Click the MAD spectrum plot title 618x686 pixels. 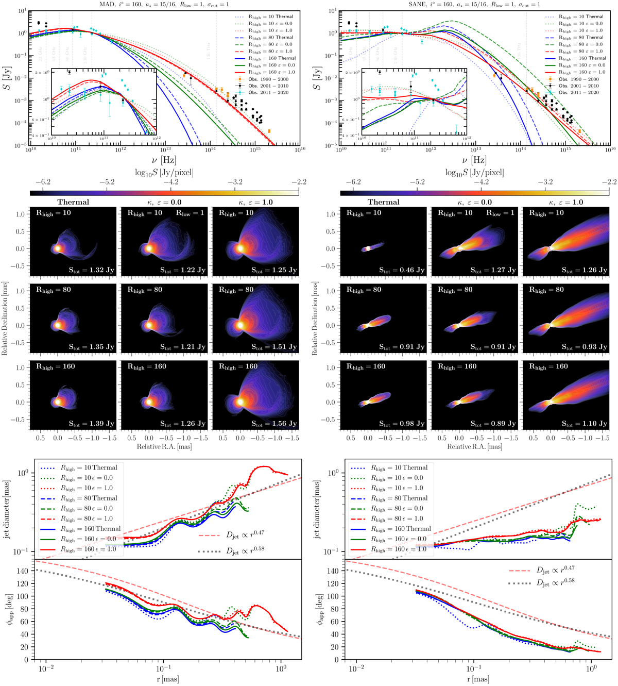165,4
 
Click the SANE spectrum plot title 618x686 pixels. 475,4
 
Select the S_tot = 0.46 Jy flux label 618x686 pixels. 402,270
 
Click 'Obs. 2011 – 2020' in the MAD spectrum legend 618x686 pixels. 268,93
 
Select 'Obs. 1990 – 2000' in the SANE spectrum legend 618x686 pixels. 578,79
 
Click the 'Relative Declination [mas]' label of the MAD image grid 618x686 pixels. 5,318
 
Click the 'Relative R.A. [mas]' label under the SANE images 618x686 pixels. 474,447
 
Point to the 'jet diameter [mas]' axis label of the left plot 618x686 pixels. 7,509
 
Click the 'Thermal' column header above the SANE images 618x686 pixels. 384,203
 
